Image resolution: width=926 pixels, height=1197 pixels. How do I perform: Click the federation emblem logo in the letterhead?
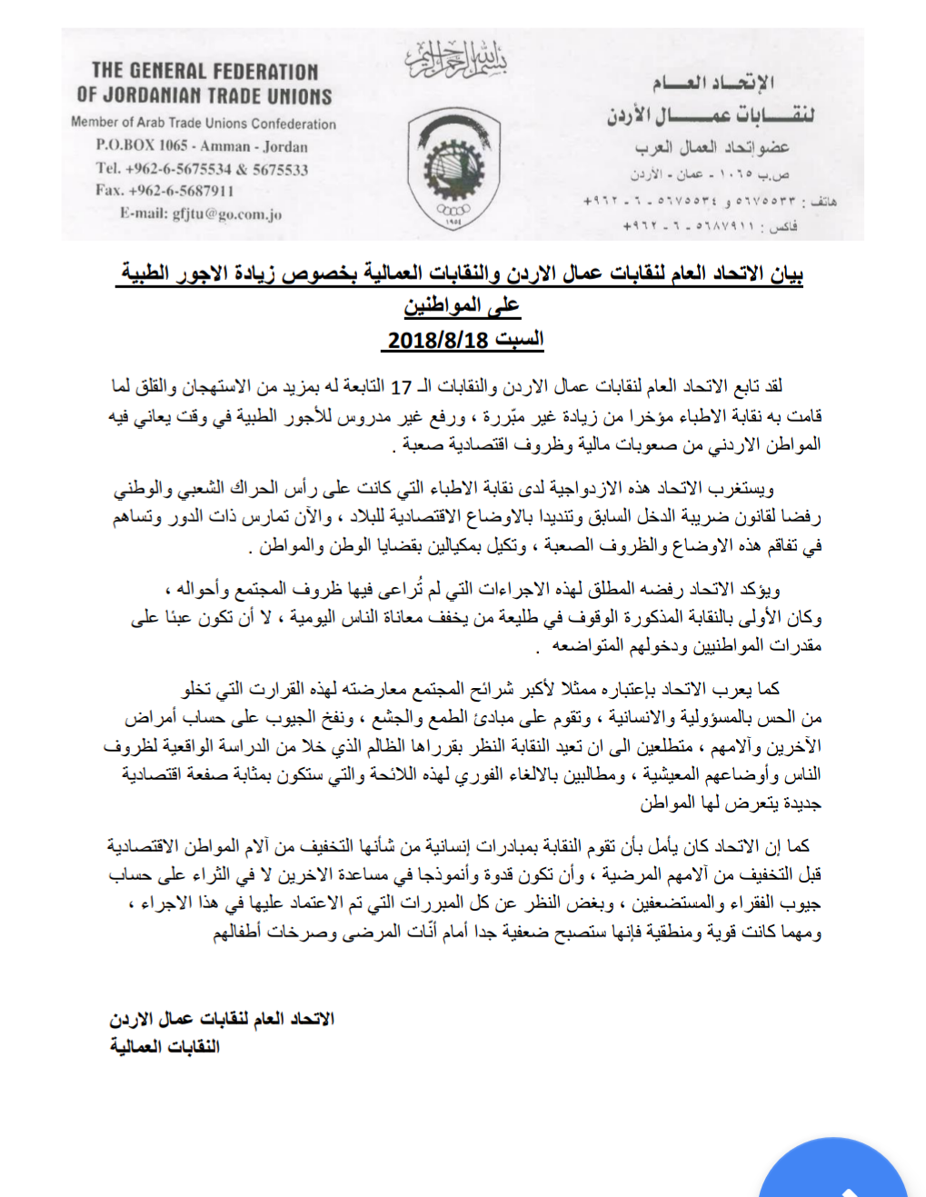pyautogui.click(x=454, y=168)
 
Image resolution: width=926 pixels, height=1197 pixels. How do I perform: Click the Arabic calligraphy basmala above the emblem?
pyautogui.click(x=455, y=59)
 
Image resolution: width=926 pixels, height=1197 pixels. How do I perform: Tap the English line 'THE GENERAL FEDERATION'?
pyautogui.click(x=204, y=71)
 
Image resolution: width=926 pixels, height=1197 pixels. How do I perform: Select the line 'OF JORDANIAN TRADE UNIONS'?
pyautogui.click(x=204, y=95)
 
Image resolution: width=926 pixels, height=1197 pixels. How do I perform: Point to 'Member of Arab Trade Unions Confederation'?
pyautogui.click(x=204, y=123)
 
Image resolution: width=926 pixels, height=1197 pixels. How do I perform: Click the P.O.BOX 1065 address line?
pyautogui.click(x=202, y=145)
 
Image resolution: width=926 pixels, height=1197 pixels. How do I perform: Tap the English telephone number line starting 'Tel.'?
pyautogui.click(x=202, y=168)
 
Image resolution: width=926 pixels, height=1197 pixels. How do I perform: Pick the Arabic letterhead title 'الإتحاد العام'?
pyautogui.click(x=712, y=84)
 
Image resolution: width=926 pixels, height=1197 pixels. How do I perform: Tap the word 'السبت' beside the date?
pyautogui.click(x=519, y=340)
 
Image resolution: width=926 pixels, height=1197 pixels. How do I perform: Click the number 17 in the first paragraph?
pyautogui.click(x=402, y=387)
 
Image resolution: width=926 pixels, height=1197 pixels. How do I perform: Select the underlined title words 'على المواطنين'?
pyautogui.click(x=462, y=305)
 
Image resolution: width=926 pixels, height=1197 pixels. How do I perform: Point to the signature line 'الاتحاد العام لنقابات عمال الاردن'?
pyautogui.click(x=222, y=1019)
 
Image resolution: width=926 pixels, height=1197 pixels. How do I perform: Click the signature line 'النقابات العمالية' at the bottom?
pyautogui.click(x=164, y=1046)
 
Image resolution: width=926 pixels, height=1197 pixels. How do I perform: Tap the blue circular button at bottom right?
pyautogui.click(x=833, y=1172)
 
